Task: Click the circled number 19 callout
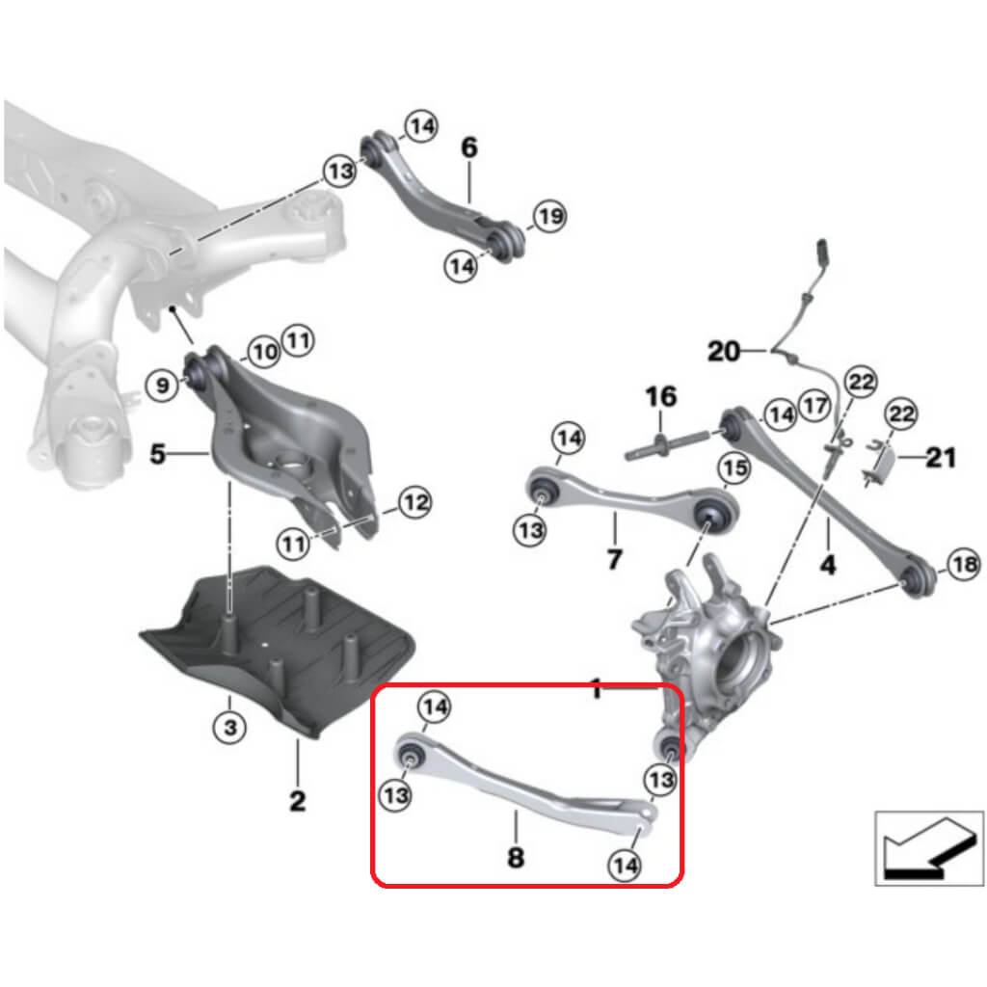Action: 549,216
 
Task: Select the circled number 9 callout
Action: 163,387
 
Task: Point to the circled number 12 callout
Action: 415,502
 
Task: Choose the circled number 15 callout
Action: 734,468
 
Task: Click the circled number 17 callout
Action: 815,406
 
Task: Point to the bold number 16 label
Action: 660,396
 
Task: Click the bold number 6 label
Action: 469,148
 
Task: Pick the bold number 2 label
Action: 297,799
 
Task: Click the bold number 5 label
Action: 157,452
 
